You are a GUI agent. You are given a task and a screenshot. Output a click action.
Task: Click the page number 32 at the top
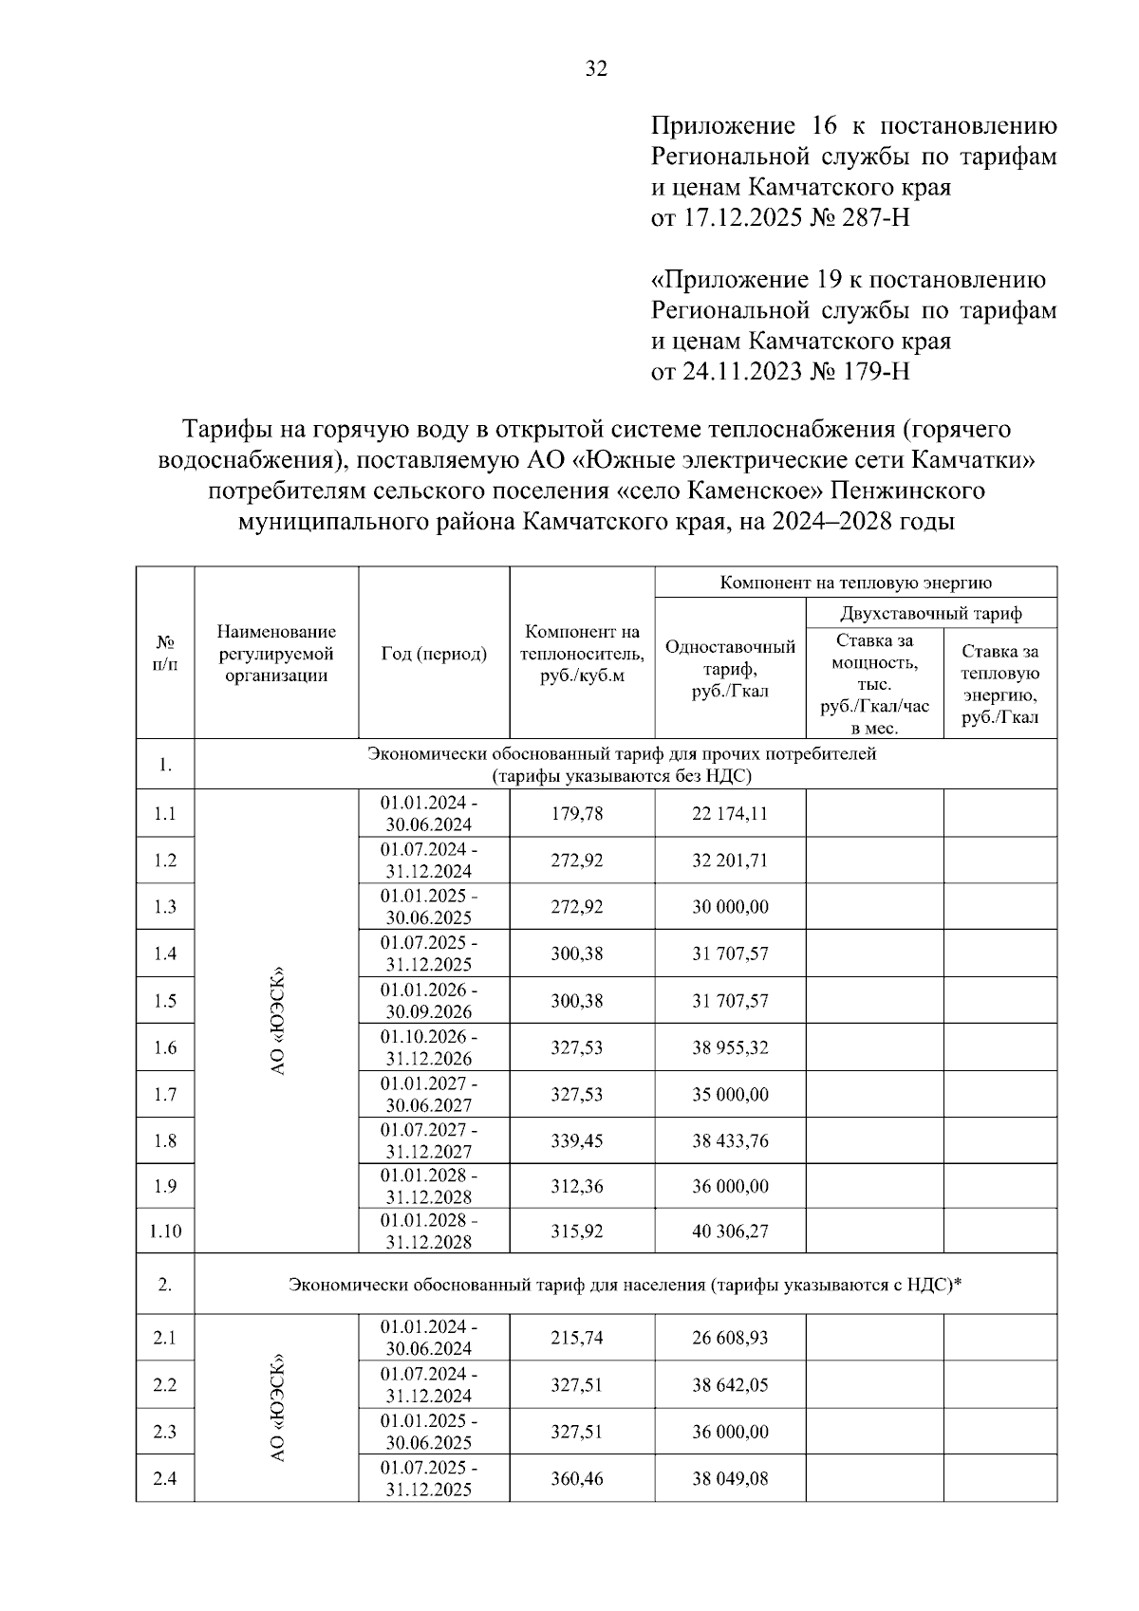tap(596, 68)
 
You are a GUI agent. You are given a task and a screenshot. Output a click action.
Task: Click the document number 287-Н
tap(868, 218)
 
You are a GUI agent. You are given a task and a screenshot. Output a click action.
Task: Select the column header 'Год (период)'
tap(434, 654)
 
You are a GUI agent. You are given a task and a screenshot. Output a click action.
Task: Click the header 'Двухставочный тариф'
tap(931, 613)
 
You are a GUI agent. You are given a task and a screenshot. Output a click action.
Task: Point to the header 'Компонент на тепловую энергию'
tap(855, 583)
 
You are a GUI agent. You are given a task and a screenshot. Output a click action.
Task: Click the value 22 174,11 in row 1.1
tap(729, 814)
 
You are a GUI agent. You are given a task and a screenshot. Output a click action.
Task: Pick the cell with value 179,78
tap(577, 814)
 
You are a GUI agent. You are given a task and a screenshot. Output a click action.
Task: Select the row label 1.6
tap(165, 1047)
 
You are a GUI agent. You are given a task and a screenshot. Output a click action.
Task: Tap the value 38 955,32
tap(729, 1047)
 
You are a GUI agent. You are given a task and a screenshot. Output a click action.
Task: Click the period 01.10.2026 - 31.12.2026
tap(429, 1047)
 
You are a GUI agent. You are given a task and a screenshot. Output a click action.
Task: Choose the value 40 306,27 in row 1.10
tap(729, 1231)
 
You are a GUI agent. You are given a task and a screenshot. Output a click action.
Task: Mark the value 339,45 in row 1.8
tap(577, 1140)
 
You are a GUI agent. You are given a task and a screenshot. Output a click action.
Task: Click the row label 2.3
tap(165, 1432)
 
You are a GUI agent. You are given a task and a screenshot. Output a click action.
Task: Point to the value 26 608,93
tap(729, 1338)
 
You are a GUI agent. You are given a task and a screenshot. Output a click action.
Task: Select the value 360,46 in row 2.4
tap(577, 1478)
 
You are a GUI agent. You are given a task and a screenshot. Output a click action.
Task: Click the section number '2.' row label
tap(165, 1285)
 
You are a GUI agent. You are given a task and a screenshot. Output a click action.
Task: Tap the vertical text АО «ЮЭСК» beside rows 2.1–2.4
tap(277, 1408)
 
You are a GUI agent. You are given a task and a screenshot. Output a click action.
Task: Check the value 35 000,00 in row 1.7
tap(729, 1094)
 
